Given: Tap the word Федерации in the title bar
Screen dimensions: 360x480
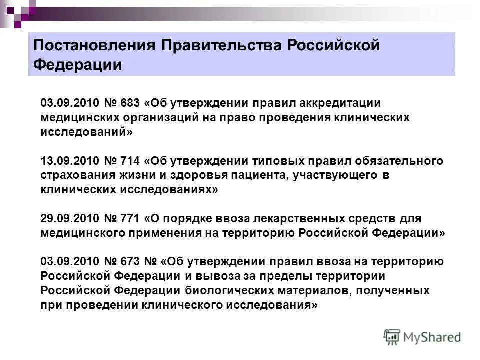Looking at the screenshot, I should click(x=77, y=65).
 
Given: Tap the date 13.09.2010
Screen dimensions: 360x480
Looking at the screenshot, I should click(x=69, y=161).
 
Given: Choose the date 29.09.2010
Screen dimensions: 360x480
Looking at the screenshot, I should click(x=69, y=219).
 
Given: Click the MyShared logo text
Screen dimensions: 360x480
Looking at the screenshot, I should click(x=433, y=337).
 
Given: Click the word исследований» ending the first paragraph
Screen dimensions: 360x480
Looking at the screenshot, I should click(x=87, y=132).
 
